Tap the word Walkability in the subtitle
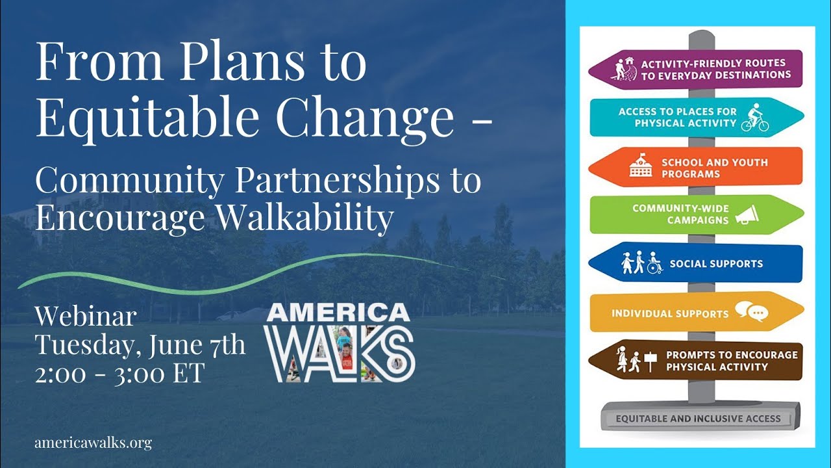coord(304,218)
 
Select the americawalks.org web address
coord(93,443)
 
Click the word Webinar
coord(86,317)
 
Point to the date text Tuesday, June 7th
coord(140,345)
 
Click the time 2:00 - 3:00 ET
coord(120,373)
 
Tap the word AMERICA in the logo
coord(338,313)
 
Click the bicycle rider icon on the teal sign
coord(755,118)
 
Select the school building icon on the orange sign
coord(640,165)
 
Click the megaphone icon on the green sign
coord(747,214)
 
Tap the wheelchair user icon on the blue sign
coord(655,263)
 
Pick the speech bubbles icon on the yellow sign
coord(751,311)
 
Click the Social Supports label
coord(716,264)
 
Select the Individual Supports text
coord(670,313)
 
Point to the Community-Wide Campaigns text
coord(680,214)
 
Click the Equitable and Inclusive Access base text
coord(698,419)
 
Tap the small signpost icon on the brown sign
coord(650,361)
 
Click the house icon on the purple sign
coord(630,61)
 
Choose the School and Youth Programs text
coord(715,168)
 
